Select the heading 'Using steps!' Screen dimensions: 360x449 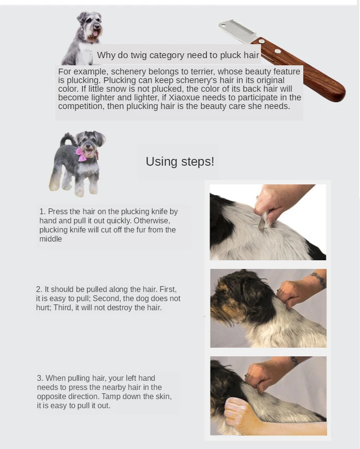click(180, 161)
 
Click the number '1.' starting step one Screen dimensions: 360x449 click(42, 211)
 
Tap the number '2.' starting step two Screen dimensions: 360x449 click(39, 289)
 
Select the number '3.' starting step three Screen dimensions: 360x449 click(40, 378)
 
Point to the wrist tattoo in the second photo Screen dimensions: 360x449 click(319, 279)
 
